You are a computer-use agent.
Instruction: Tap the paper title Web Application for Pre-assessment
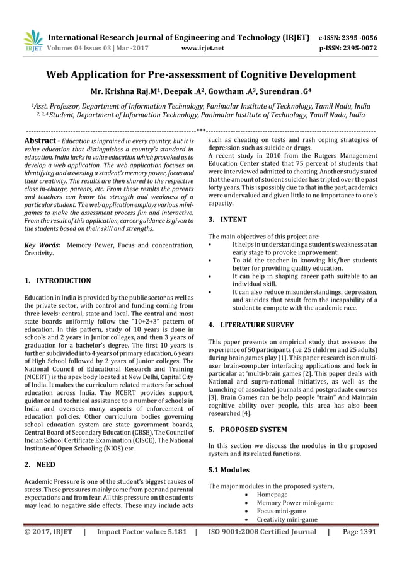[x=201, y=74]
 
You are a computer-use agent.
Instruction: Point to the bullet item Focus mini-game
[x=282, y=511]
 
